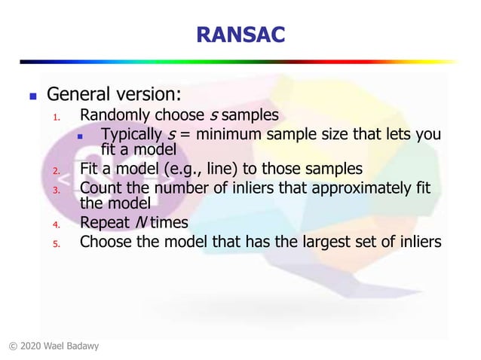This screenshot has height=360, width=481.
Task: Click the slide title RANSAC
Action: click(240, 33)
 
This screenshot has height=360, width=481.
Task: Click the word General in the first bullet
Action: click(78, 96)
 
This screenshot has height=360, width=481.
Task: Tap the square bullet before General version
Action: click(32, 97)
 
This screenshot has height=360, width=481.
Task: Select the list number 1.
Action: click(55, 117)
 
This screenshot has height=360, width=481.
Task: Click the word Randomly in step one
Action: click(112, 115)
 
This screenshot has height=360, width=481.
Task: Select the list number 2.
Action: click(55, 169)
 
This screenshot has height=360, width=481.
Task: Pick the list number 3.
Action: click(55, 189)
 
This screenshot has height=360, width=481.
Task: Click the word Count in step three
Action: click(100, 187)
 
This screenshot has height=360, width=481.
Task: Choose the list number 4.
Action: click(55, 224)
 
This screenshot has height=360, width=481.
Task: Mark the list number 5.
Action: click(55, 243)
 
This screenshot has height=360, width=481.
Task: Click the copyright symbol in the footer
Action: click(13, 346)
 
